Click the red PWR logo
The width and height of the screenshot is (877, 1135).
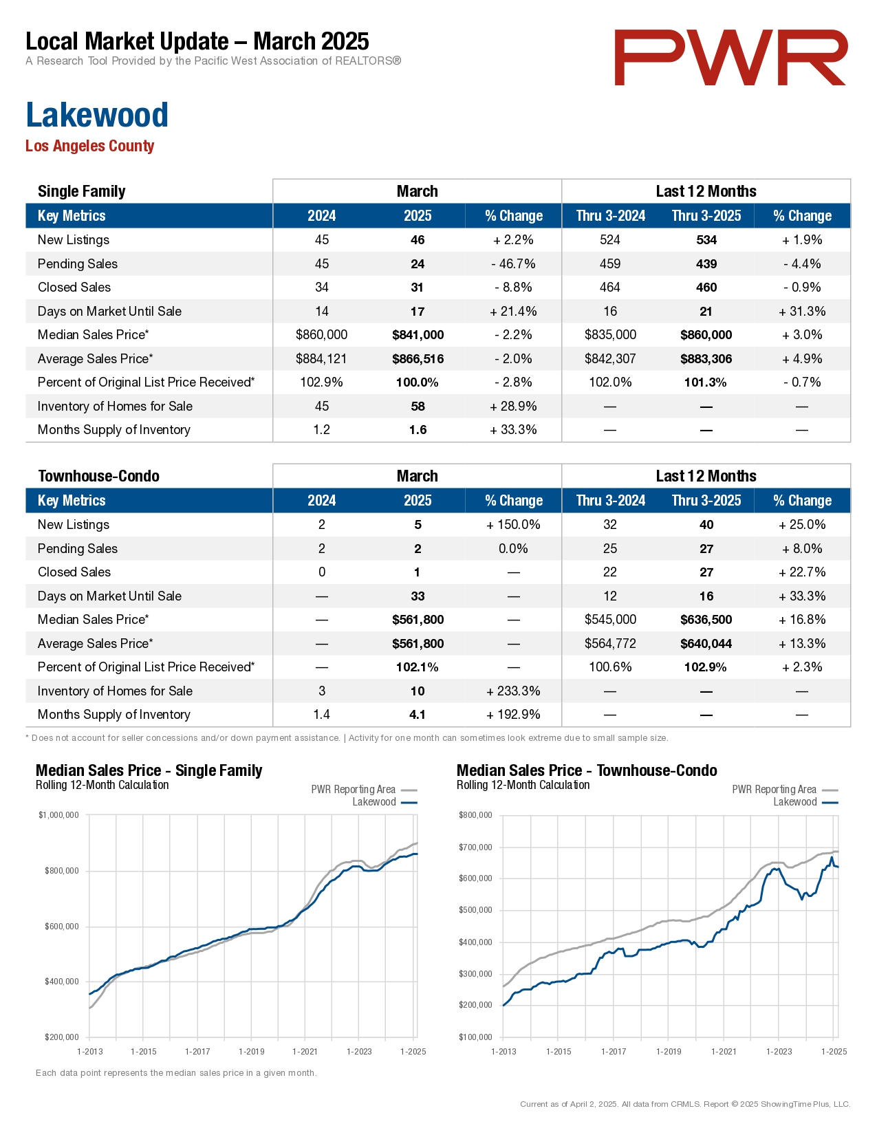[730, 58]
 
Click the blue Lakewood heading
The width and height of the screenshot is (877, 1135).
[97, 115]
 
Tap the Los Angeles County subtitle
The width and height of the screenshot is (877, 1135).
[90, 146]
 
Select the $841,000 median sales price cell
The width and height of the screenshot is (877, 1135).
[418, 335]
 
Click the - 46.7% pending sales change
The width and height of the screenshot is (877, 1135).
[513, 264]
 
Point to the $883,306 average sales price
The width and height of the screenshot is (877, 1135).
[706, 359]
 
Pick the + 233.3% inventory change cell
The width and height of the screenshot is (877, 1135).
[513, 691]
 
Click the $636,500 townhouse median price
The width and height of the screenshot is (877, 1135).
[706, 620]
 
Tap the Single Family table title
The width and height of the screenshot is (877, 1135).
[81, 191]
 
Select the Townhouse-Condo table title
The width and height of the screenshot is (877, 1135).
[98, 476]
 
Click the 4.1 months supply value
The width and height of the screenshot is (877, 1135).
[418, 715]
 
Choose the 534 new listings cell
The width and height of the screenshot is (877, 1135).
[706, 240]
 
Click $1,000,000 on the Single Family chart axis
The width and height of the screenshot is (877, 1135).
[59, 815]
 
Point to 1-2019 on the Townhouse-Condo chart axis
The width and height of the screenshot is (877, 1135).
[669, 1051]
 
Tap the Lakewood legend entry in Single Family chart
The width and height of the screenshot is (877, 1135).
[374, 802]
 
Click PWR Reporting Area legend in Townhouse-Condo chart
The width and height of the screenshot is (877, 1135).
[774, 790]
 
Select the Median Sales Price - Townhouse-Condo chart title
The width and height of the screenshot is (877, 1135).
[587, 770]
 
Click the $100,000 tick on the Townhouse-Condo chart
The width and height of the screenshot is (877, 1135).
[475, 1037]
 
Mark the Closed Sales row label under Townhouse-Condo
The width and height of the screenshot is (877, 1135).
[74, 572]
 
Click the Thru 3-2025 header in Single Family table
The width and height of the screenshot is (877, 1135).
[706, 216]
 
